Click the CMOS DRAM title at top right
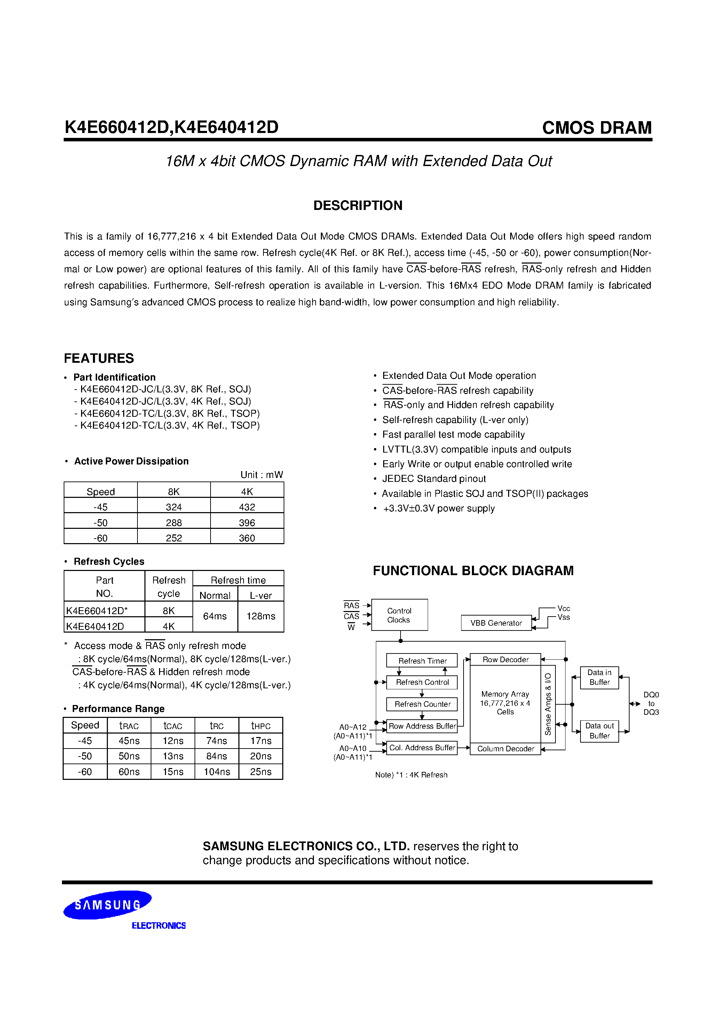click(x=596, y=128)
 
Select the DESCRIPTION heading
click(x=358, y=205)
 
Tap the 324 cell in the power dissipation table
click(x=174, y=507)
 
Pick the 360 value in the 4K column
click(x=247, y=538)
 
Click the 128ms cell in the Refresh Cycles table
click(x=261, y=616)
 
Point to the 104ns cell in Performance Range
click(x=217, y=772)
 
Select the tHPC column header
click(x=261, y=725)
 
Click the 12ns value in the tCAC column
click(x=173, y=741)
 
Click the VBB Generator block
click(x=496, y=623)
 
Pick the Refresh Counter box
click(x=422, y=704)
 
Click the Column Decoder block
click(x=505, y=749)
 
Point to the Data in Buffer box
click(x=599, y=677)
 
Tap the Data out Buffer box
click(x=599, y=731)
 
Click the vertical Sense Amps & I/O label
click(x=548, y=704)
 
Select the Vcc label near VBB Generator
click(x=563, y=608)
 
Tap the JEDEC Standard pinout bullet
click(x=434, y=478)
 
